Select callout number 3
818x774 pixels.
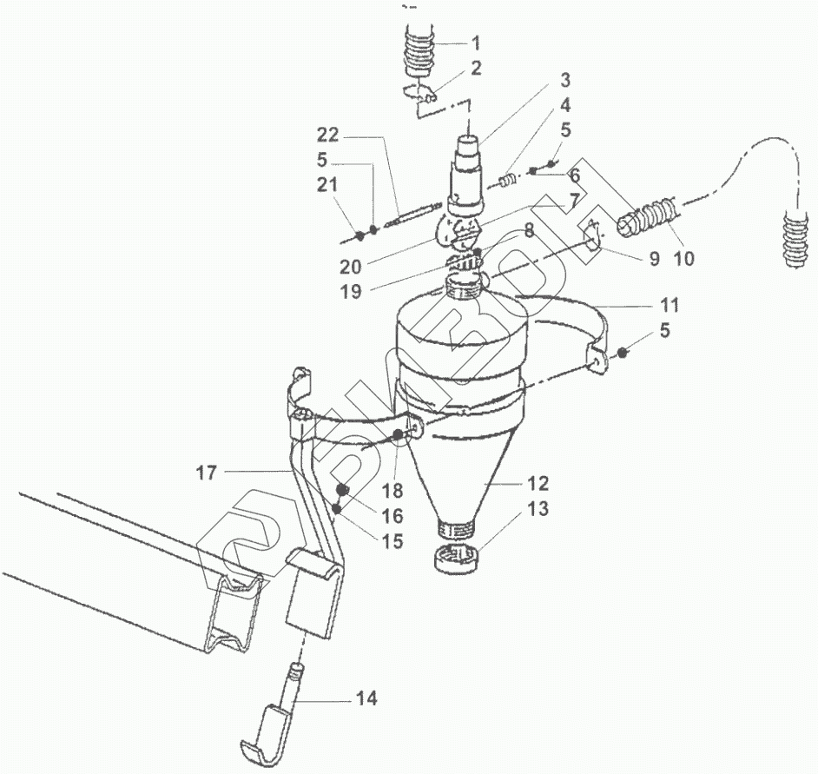[564, 81]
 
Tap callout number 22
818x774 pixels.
[327, 136]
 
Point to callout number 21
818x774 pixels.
[327, 184]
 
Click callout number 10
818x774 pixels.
[684, 258]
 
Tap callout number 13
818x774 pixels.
[538, 510]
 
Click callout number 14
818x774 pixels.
[367, 698]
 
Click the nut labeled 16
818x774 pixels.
[342, 491]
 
